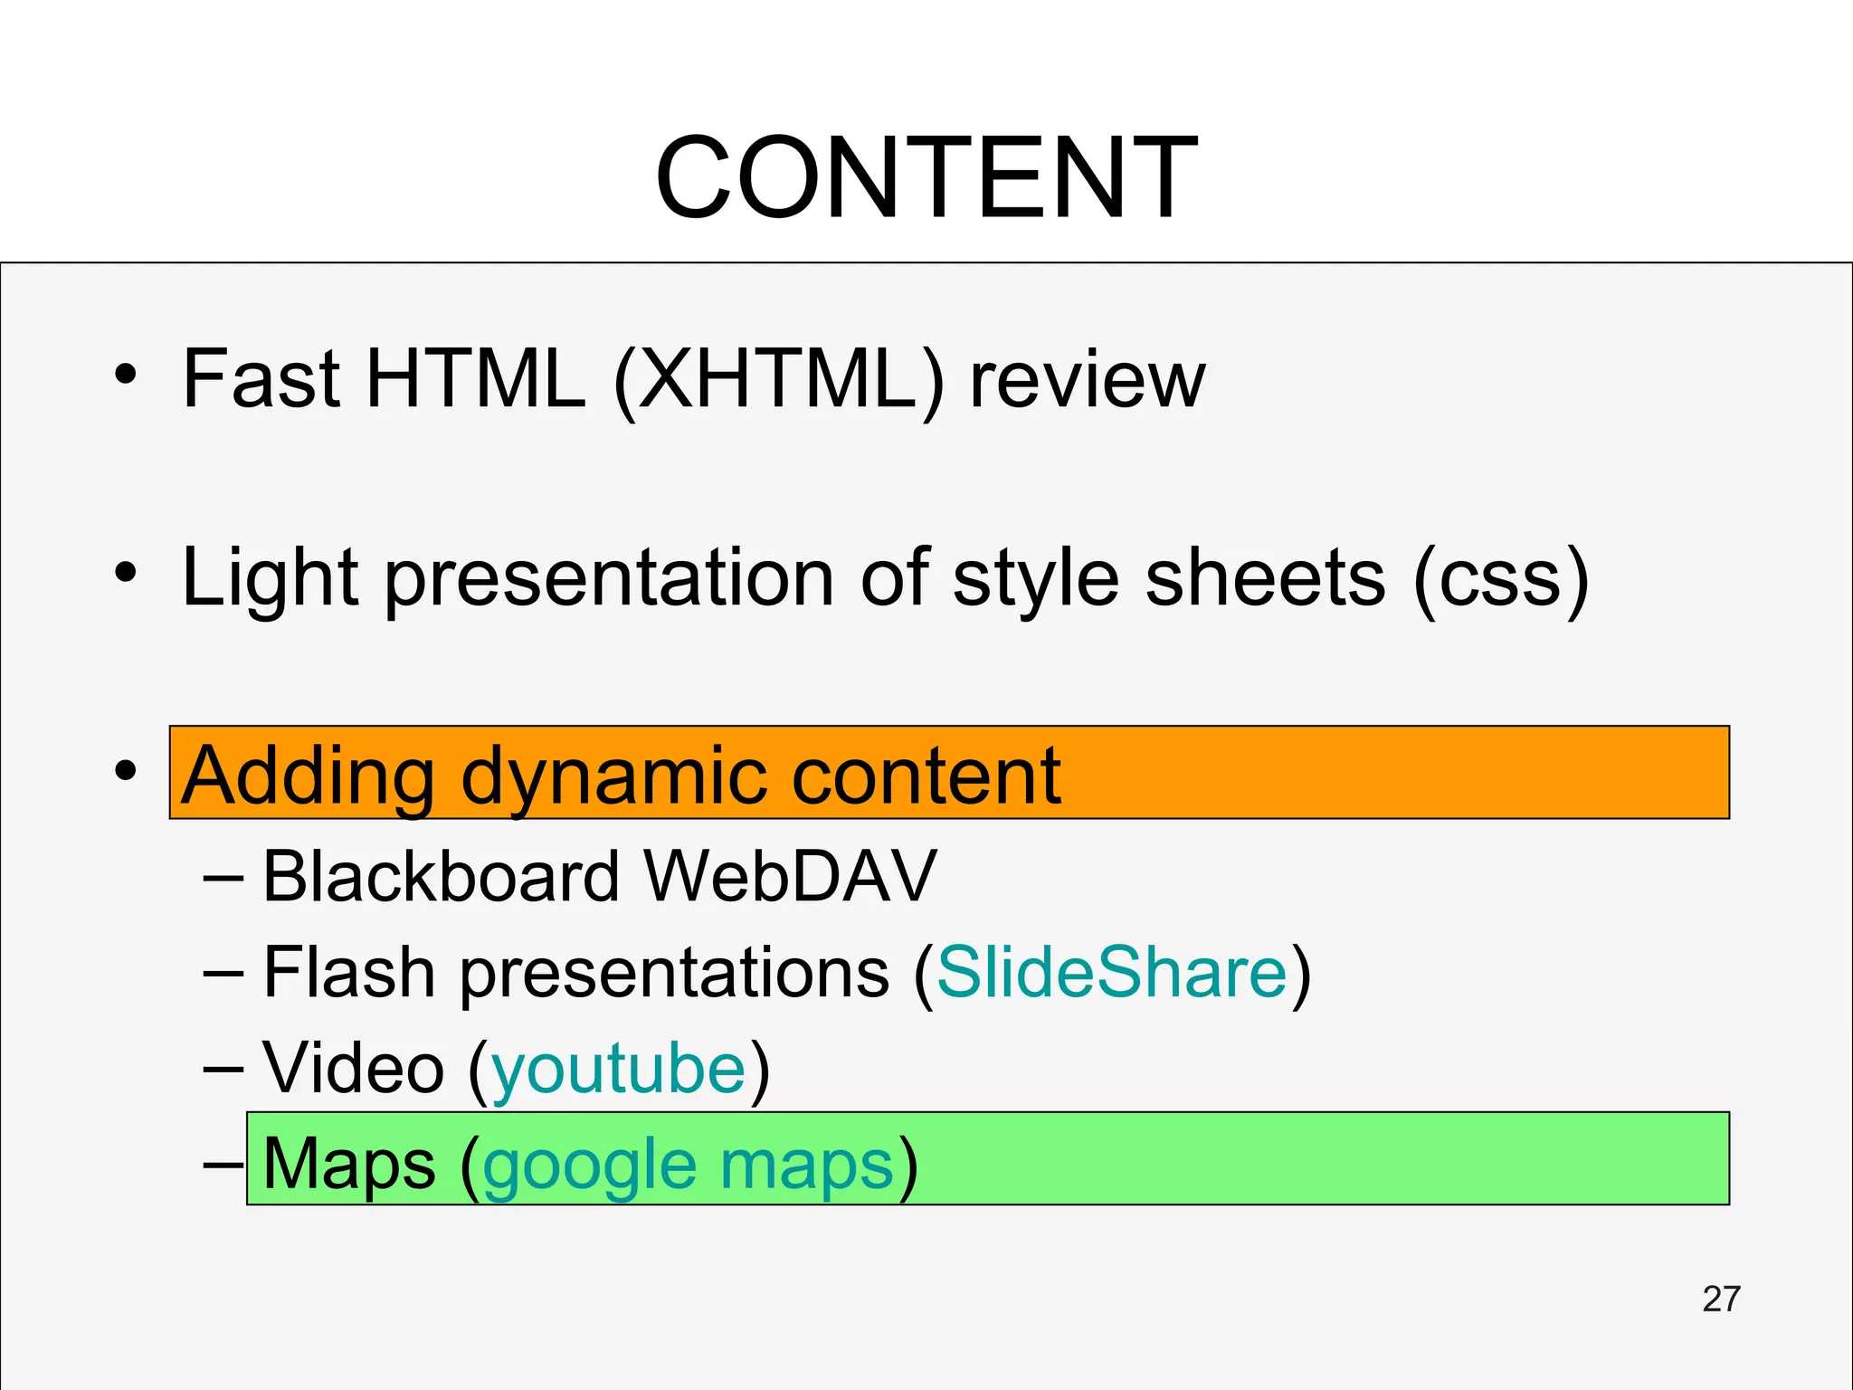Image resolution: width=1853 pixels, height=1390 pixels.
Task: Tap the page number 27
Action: tap(1720, 1299)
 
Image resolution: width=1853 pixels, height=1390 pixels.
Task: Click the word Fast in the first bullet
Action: tap(261, 379)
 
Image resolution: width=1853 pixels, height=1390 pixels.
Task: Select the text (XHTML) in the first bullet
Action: tap(779, 379)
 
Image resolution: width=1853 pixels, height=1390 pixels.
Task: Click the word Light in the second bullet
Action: tap(271, 579)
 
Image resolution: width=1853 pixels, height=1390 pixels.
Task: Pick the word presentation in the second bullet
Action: tap(610, 579)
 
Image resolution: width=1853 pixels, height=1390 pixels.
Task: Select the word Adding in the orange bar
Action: tap(308, 776)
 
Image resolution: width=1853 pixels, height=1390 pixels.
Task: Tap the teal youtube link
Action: tap(619, 1069)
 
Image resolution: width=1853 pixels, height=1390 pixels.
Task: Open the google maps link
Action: tap(689, 1166)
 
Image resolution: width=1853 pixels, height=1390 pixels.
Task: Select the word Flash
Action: tap(348, 973)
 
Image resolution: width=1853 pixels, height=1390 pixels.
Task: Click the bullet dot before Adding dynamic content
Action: tap(126, 771)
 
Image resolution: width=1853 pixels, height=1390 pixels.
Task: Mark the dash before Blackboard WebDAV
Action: tap(223, 878)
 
